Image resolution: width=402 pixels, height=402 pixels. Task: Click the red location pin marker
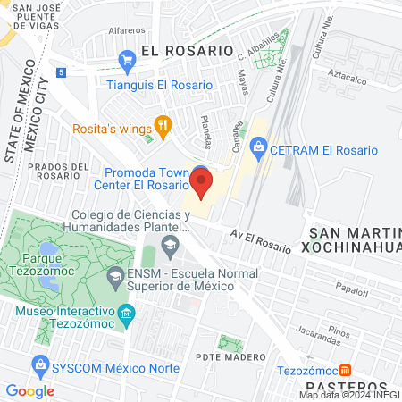click(201, 185)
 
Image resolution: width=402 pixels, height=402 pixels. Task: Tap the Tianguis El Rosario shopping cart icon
click(126, 62)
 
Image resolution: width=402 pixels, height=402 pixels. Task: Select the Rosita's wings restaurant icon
click(162, 127)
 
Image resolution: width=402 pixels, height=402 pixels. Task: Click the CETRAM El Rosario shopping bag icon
click(258, 144)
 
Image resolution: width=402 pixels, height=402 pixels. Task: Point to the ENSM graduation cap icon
click(114, 277)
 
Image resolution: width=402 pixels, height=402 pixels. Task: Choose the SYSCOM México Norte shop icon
click(40, 364)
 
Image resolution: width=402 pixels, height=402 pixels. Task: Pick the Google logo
click(30, 390)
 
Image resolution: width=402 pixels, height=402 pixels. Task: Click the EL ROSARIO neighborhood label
click(186, 51)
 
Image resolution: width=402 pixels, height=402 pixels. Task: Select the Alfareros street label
click(126, 30)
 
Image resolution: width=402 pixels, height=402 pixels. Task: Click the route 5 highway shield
click(60, 71)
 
